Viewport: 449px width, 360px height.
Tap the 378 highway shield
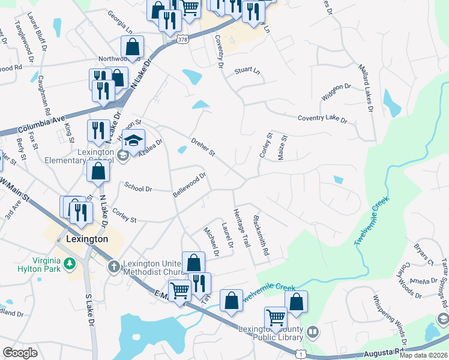pyautogui.click(x=183, y=40)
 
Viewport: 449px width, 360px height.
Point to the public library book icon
pyautogui.click(x=312, y=332)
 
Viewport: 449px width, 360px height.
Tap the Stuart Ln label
pyautogui.click(x=248, y=70)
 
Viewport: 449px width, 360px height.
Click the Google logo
pyautogui.click(x=20, y=353)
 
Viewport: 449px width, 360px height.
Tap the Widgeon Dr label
pyautogui.click(x=336, y=90)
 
